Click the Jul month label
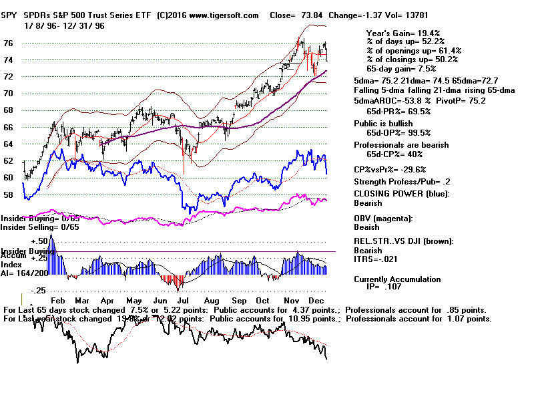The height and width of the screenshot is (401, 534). pyautogui.click(x=182, y=301)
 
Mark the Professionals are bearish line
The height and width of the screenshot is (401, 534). pyautogui.click(x=401, y=145)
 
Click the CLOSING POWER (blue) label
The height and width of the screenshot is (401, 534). pyautogui.click(x=402, y=194)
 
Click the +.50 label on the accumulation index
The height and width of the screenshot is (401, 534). pyautogui.click(x=39, y=241)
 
